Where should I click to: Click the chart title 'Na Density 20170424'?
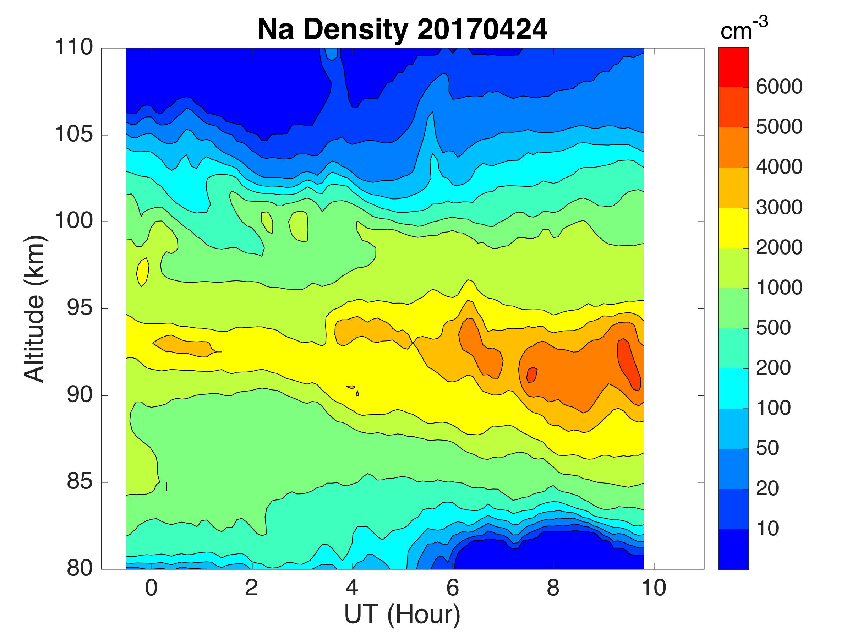[x=402, y=30]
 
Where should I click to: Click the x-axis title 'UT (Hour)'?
[x=402, y=615]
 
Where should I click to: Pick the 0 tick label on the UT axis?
[x=151, y=588]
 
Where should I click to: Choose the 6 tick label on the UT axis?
[x=453, y=588]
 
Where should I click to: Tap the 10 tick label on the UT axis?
[x=654, y=588]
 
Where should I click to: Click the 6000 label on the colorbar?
[x=779, y=87]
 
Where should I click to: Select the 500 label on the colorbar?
[x=773, y=328]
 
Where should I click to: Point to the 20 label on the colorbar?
[x=767, y=488]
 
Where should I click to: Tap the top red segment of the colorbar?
[x=733, y=67]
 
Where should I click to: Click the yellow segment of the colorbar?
[x=733, y=228]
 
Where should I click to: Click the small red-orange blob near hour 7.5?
[x=532, y=375]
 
